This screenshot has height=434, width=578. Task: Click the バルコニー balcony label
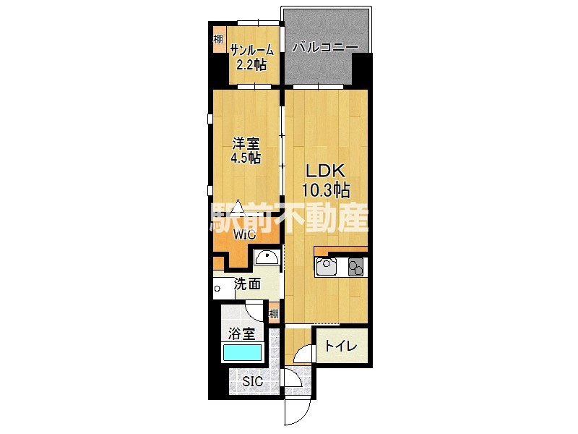pos(326,48)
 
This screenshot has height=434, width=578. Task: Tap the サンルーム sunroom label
pos(252,50)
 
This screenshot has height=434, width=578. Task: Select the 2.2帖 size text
pos(251,65)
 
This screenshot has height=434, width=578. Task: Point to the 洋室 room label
pos(246,142)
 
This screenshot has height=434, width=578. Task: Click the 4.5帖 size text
pos(246,158)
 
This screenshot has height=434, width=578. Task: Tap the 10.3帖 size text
pos(326,190)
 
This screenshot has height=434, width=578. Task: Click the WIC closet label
pos(244,234)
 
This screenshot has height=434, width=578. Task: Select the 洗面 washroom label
pos(247,284)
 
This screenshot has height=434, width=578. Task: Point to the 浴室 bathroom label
pos(241,334)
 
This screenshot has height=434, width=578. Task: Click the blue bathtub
pos(242,352)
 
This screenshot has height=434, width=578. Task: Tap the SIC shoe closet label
pos(252,381)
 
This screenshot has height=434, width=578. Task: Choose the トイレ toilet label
pos(341,346)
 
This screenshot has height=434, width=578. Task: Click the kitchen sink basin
pos(326,267)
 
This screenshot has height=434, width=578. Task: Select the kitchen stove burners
pos(355,267)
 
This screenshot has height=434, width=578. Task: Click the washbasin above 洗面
pos(267,257)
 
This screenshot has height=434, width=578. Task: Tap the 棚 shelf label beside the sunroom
pos(218,39)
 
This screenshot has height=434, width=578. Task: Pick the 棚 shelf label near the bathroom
pos(274,314)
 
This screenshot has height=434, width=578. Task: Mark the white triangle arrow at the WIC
pos(238,207)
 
